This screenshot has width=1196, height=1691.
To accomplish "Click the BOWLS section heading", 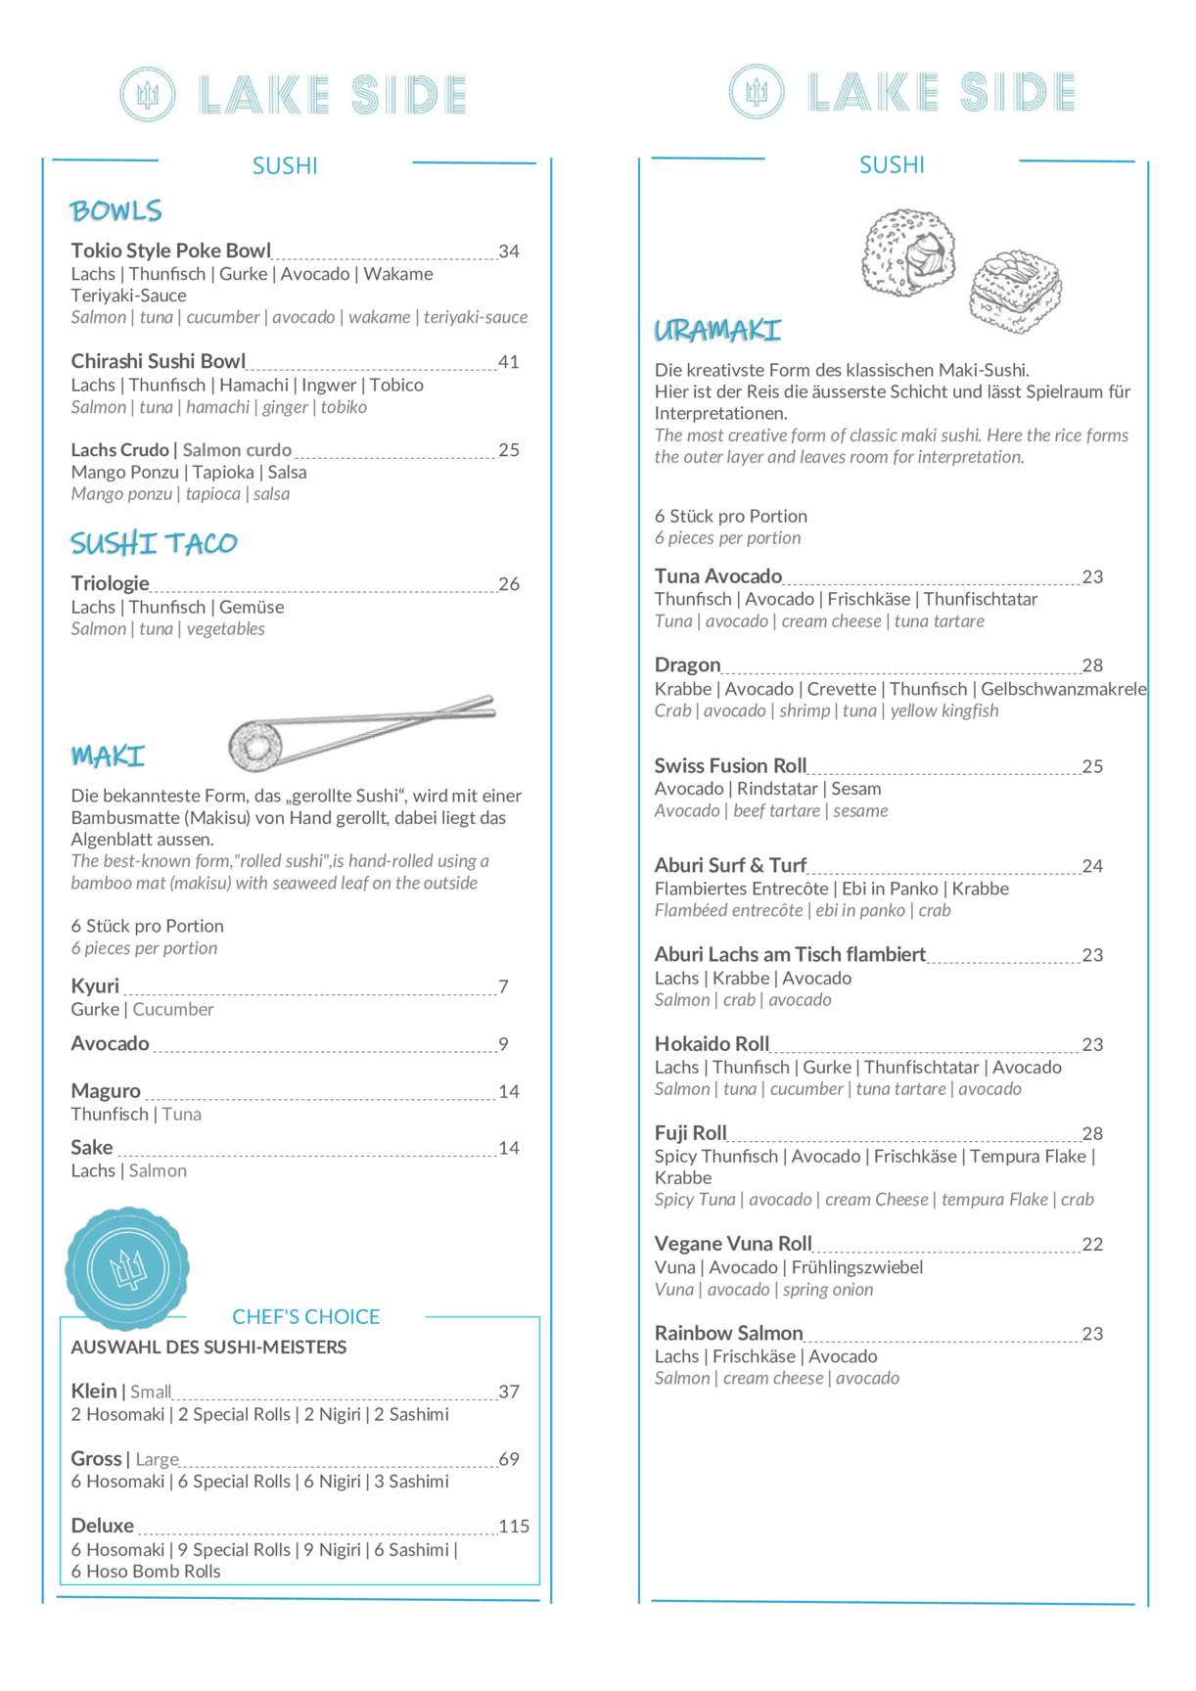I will click(115, 210).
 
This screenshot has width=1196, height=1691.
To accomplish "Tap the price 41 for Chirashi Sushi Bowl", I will click(508, 362).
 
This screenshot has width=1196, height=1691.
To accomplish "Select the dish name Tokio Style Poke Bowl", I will click(170, 251).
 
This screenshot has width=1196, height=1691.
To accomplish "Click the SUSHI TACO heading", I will click(154, 543).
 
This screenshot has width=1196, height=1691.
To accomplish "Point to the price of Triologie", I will click(508, 584).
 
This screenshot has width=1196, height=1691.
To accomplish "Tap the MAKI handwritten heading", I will click(108, 755).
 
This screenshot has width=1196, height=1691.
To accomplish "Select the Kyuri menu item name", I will click(95, 985).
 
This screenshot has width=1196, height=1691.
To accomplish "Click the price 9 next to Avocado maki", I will click(503, 1044).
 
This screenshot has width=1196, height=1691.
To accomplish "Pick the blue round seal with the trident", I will click(127, 1268).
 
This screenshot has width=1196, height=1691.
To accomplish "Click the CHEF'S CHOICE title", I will click(305, 1317).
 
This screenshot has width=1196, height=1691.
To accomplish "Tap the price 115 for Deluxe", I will click(513, 1527).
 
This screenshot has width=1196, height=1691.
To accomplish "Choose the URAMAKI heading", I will click(717, 331).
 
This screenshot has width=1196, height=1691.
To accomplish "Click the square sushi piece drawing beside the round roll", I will click(1015, 291).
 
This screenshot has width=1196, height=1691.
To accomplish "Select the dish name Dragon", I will click(687, 665).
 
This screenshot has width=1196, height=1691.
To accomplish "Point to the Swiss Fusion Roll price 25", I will click(1092, 766).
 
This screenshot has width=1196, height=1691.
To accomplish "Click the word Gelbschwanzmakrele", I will click(1063, 689).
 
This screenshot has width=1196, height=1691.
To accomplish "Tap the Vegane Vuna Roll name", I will click(733, 1244).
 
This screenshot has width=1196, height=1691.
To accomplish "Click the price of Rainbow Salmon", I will click(1092, 1334).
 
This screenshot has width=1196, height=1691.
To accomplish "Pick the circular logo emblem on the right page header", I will click(757, 92).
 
